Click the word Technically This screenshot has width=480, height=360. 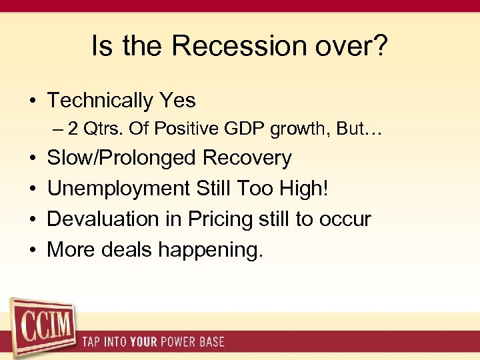(x=100, y=101)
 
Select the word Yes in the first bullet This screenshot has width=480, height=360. (x=177, y=101)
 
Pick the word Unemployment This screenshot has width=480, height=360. (x=118, y=189)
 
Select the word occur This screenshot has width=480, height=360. (x=346, y=219)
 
